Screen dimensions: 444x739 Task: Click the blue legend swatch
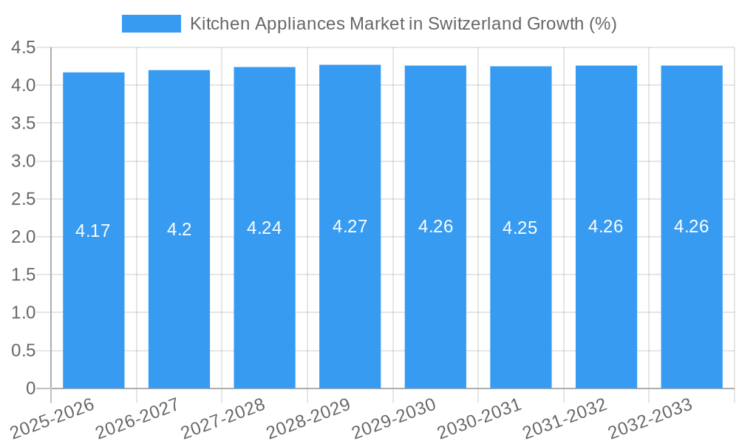[x=151, y=24]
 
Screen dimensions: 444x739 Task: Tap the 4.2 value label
[x=179, y=229]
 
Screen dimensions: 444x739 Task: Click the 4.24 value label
[x=264, y=228]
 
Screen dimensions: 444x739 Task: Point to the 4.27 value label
[x=350, y=226]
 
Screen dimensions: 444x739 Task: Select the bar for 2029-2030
[x=435, y=296]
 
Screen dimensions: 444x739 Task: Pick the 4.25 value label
[x=520, y=228]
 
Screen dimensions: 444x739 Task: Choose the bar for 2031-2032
[x=606, y=296]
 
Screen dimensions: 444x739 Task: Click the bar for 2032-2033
[x=692, y=296]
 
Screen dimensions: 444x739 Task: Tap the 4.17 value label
[x=93, y=231]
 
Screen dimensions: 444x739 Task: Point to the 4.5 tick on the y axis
[x=23, y=48]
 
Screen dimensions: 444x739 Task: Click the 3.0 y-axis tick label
[x=23, y=161]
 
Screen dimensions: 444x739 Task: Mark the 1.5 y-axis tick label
[x=23, y=275]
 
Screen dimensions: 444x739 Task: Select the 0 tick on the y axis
[x=30, y=388]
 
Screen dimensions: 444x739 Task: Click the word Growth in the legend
[x=555, y=24]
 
